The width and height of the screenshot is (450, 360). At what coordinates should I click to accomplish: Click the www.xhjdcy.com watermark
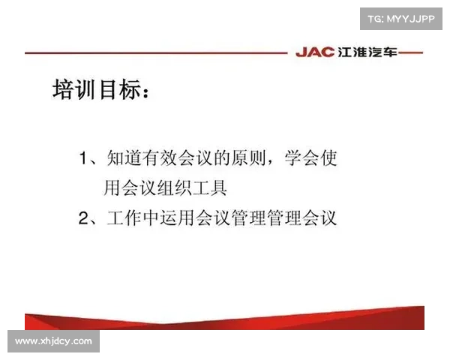pyautogui.click(x=53, y=341)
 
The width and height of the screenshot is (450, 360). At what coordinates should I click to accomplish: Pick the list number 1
pyautogui.click(x=85, y=159)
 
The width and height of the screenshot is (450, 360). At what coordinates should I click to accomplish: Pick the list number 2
pyautogui.click(x=85, y=219)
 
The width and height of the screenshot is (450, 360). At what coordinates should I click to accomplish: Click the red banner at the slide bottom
pyautogui.click(x=225, y=319)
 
